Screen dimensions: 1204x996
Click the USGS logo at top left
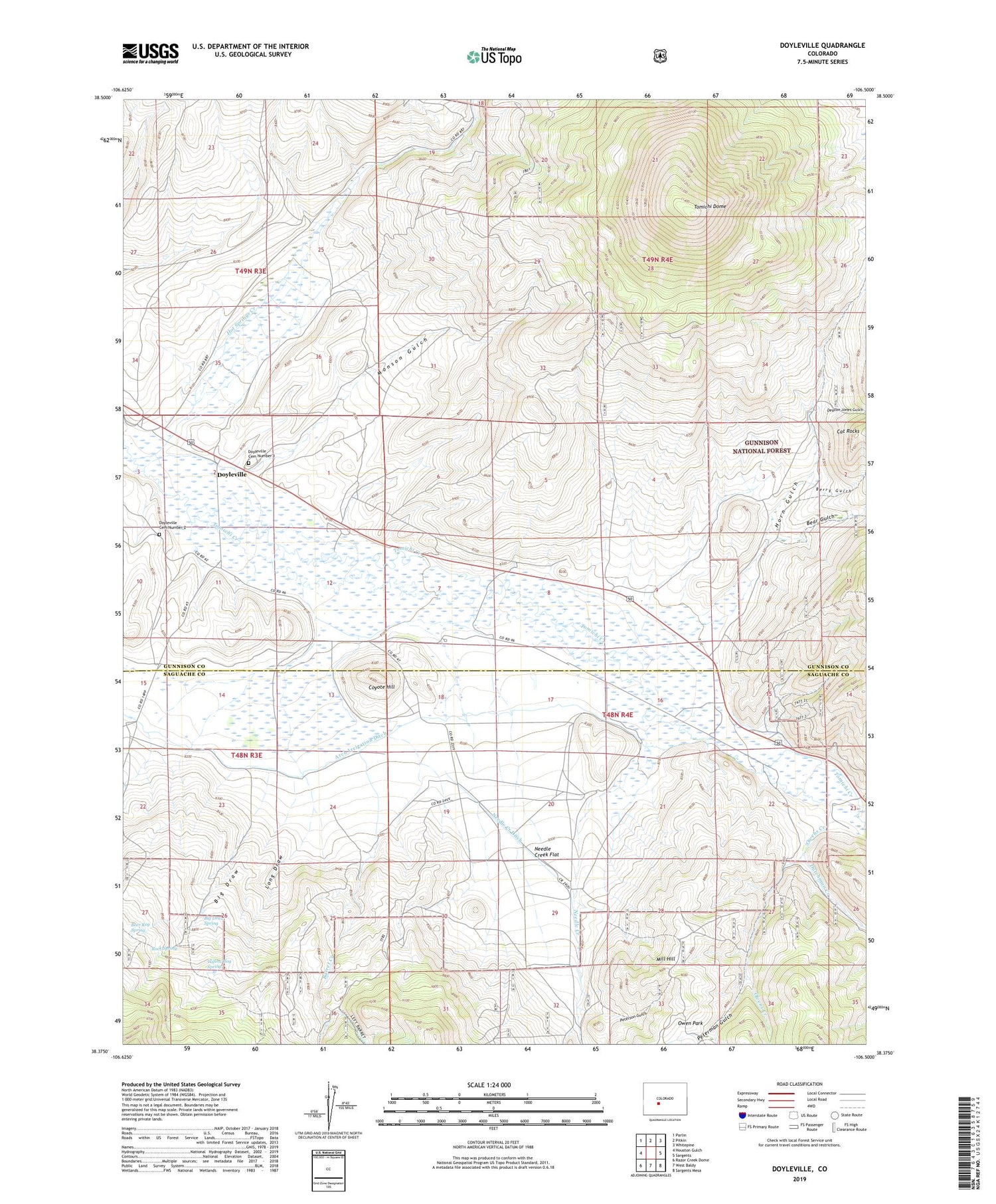150,53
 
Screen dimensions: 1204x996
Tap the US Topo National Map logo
494,56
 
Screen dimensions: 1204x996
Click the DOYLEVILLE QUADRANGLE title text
822,46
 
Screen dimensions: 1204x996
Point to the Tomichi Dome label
710,207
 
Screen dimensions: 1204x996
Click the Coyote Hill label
382,687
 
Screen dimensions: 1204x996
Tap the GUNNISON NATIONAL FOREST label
761,446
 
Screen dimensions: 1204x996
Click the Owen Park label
690,1023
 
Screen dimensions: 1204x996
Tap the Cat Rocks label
848,431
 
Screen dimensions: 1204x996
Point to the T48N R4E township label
617,715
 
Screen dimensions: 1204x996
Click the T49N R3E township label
250,271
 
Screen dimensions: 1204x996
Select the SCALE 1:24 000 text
489,1084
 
